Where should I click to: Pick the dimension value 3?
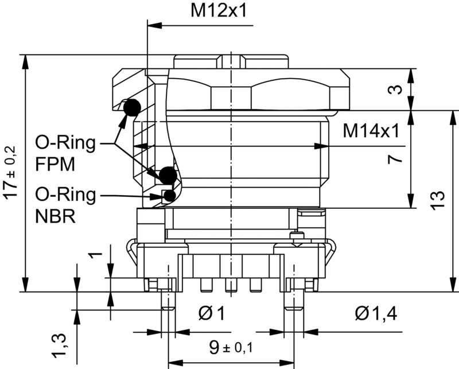tap(394, 90)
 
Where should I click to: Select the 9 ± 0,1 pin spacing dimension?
tap(230, 347)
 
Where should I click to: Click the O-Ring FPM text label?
tap(65, 152)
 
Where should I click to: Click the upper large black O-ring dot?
tap(133, 107)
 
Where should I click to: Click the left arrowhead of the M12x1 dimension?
tap(153, 25)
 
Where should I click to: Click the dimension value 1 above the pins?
tap(98, 254)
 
